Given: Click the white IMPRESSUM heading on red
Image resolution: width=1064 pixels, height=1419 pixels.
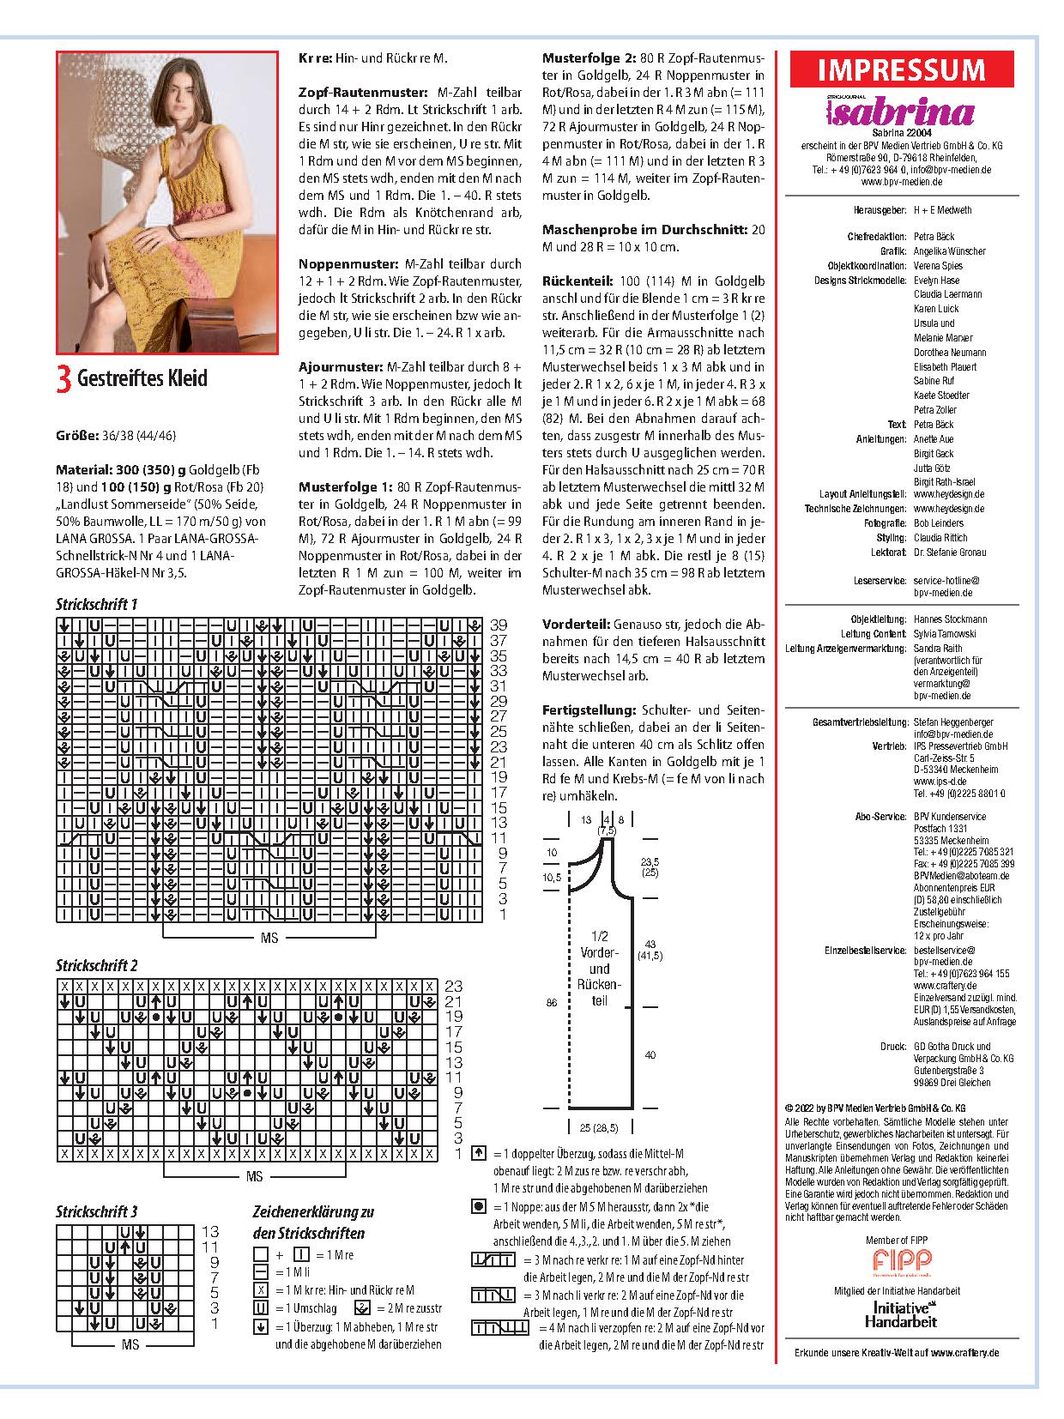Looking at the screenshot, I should click(901, 69).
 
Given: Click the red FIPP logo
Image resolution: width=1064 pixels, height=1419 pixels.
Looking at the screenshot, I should click(902, 1260).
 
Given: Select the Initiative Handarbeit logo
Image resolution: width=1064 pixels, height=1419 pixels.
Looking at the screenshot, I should click(901, 1313).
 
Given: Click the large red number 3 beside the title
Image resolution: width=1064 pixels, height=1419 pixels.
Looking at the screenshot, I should click(63, 379).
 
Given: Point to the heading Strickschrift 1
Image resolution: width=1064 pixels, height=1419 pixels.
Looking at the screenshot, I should click(97, 604).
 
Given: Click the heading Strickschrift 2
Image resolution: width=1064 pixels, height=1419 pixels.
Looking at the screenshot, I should click(97, 966).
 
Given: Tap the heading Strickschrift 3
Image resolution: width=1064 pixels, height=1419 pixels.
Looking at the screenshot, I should click(97, 1211).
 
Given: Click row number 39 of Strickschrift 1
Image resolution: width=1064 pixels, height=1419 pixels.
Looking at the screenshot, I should click(499, 625).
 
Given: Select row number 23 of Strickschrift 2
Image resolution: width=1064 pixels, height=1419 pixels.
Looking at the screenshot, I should click(453, 987).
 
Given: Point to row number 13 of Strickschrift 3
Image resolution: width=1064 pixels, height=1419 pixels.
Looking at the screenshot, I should click(210, 1232).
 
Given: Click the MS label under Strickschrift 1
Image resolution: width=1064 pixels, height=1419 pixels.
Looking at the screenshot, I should click(269, 939).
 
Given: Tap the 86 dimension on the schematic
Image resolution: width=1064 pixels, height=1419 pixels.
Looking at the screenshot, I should click(552, 1001).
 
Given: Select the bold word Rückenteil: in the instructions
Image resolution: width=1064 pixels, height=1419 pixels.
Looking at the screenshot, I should click(577, 281).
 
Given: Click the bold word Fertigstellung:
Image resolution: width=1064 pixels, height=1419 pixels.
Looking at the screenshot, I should click(589, 710).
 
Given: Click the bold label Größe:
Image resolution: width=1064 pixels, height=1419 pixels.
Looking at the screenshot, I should click(76, 435).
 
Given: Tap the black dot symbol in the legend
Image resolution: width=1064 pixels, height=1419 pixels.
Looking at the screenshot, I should click(480, 1207).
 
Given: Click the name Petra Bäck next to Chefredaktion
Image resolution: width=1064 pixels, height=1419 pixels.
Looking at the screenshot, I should click(934, 237).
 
